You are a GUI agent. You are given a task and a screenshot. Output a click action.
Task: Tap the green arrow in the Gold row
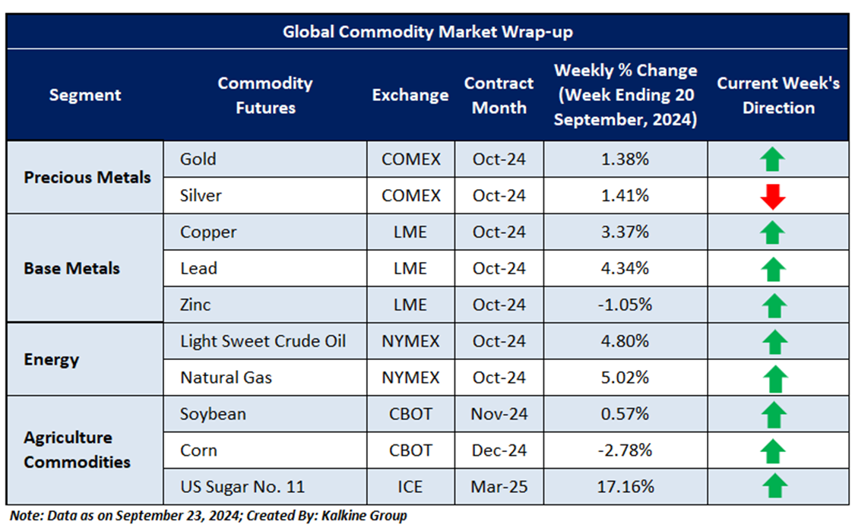coord(774,160)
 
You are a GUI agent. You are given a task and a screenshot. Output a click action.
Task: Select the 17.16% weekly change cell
coord(625,487)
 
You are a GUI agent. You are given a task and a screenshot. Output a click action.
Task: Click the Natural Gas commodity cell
coord(226,378)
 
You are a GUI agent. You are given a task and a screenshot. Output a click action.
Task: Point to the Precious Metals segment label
coord(87,178)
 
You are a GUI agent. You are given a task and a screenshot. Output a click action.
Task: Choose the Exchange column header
coord(410,95)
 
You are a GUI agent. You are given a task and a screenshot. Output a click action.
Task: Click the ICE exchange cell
coord(410,487)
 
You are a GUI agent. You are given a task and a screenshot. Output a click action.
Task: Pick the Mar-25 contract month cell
coord(499,487)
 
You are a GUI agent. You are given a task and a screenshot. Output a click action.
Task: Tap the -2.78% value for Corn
coord(625,450)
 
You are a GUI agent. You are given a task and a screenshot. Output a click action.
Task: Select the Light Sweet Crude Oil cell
coord(263,341)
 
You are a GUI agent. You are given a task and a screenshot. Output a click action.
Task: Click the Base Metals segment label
coord(72,269)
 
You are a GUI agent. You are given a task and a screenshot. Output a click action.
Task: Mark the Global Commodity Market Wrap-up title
coord(428,32)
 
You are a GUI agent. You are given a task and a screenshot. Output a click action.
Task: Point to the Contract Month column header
coord(499,95)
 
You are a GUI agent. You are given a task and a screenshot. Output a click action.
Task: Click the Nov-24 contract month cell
coord(499,414)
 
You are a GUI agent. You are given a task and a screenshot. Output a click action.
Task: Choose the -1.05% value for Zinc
coord(625,305)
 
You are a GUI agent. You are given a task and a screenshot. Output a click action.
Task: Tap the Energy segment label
coord(52,359)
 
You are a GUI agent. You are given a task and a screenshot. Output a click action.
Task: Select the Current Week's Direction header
coord(778,95)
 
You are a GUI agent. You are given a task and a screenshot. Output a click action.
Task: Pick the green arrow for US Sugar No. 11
coord(774,486)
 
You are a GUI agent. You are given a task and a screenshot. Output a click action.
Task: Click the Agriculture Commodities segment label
coord(78,450)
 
